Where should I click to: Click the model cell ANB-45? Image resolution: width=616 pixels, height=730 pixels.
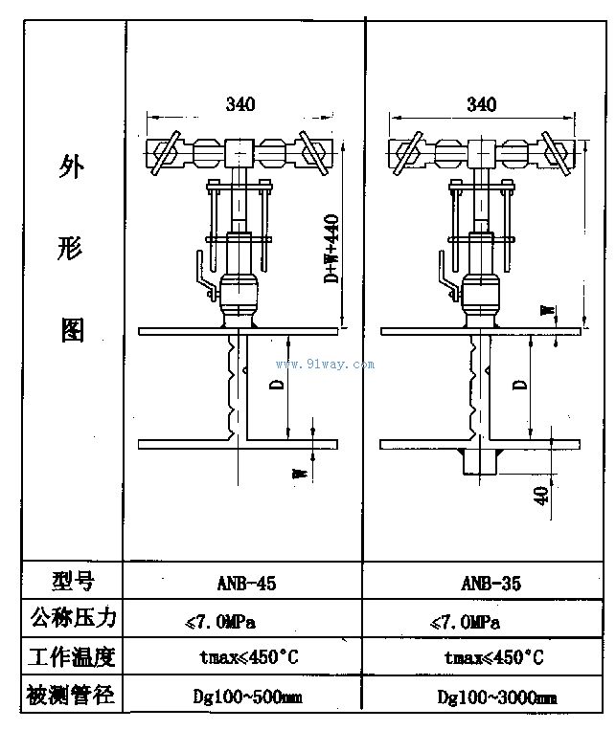[246, 584]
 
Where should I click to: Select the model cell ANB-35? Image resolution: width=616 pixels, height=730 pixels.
[491, 584]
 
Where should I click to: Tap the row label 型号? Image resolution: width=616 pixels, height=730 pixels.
[73, 581]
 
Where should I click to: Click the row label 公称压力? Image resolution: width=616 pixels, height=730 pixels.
[73, 618]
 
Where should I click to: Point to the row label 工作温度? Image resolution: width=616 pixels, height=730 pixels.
[72, 657]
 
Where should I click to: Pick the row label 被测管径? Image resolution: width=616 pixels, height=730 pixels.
[70, 696]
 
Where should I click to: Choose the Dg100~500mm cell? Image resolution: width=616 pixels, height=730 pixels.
[247, 697]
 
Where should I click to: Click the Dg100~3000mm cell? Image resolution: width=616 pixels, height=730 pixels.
[497, 697]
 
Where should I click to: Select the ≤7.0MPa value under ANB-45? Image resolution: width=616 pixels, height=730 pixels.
[220, 622]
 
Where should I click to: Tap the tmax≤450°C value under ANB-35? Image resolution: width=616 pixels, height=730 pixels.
[493, 658]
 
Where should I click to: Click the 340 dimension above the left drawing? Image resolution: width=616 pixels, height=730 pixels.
[240, 104]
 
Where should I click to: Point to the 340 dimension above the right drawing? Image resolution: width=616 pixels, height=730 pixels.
[482, 104]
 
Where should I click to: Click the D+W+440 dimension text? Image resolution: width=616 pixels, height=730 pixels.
[331, 248]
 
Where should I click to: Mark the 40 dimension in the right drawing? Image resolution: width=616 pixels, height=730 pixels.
[540, 496]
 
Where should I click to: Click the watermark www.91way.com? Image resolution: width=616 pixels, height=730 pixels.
[325, 365]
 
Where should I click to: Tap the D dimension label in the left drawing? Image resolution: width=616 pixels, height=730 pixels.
[277, 384]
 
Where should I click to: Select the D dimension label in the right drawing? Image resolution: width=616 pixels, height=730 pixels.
[519, 384]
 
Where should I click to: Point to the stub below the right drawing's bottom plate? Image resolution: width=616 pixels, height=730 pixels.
[479, 461]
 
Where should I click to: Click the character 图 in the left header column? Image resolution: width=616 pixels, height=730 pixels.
[73, 330]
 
